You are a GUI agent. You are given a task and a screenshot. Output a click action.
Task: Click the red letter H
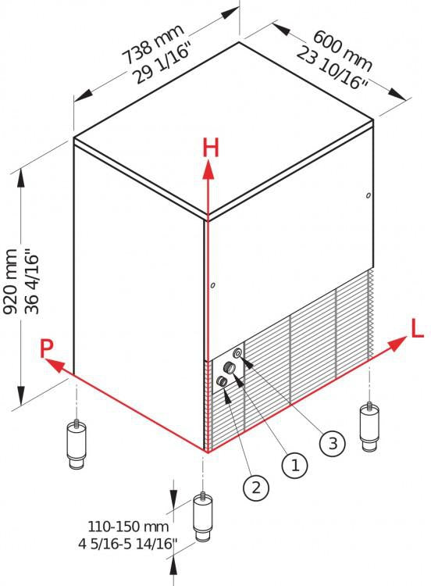tap(211, 148)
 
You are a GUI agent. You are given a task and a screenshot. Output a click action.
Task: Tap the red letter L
tap(417, 327)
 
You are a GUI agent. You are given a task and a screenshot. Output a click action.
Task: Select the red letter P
tap(46, 348)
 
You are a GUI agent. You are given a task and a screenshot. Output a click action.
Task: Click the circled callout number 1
tap(295, 466)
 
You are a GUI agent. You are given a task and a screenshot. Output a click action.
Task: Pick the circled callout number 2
tap(256, 488)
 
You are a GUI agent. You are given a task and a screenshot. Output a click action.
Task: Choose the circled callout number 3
tap(333, 443)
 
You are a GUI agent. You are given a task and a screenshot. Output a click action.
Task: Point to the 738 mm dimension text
tap(153, 44)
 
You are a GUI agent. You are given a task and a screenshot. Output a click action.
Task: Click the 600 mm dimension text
tap(343, 51)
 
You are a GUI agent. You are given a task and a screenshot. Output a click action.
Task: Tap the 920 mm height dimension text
tap(9, 281)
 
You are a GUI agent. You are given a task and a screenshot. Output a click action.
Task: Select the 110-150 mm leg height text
tap(128, 527)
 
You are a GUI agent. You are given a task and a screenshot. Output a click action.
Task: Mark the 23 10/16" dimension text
tap(333, 68)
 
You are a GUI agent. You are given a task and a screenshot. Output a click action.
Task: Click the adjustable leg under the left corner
tap(77, 444)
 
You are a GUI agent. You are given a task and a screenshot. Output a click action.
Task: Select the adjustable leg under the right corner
tap(369, 427)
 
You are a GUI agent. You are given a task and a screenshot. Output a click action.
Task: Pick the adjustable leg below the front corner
tap(203, 516)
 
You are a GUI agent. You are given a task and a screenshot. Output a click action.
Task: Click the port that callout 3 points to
tap(237, 353)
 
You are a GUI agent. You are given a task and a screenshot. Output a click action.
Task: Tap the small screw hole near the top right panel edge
tap(369, 195)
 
